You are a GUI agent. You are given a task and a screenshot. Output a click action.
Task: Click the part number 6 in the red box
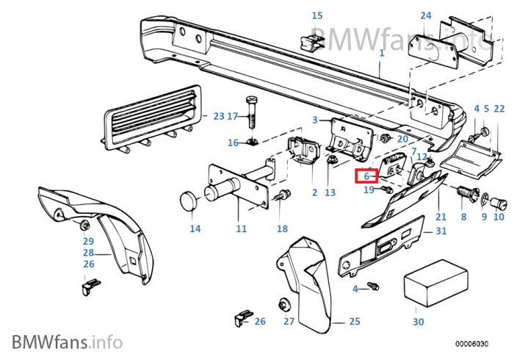click(x=366, y=176)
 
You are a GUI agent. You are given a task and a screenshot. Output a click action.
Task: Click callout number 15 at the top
click(x=316, y=15)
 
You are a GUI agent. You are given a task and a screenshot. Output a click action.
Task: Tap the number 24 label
click(x=426, y=15)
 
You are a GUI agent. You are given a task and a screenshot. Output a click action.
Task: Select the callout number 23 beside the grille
click(x=218, y=116)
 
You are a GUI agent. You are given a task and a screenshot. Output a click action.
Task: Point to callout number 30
click(x=418, y=322)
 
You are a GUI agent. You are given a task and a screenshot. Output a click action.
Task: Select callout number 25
click(x=354, y=322)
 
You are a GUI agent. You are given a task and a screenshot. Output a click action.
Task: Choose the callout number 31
click(x=441, y=231)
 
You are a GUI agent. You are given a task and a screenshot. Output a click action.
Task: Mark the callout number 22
click(x=499, y=109)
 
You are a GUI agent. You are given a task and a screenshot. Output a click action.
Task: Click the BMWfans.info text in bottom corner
click(x=67, y=342)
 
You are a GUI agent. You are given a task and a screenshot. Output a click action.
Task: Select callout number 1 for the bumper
click(x=381, y=54)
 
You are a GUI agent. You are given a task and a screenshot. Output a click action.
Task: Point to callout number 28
click(x=88, y=253)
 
